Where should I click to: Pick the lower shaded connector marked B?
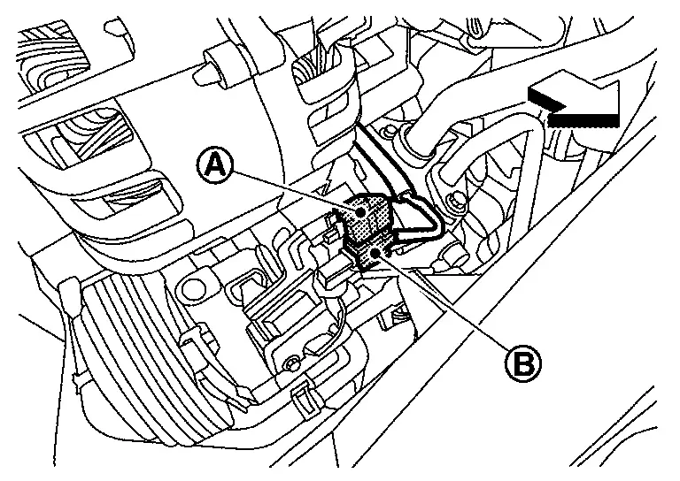tap(369, 255)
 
